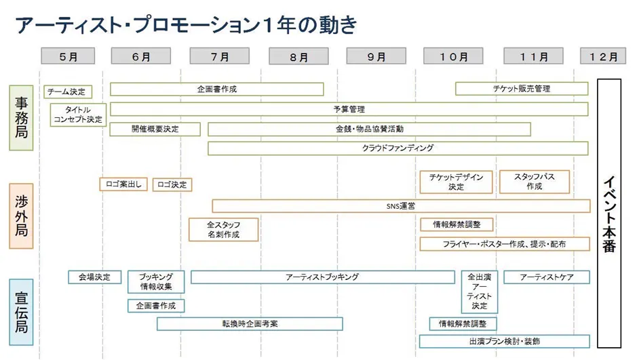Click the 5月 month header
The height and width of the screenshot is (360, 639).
click(68, 57)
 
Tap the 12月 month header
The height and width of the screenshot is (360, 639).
click(603, 57)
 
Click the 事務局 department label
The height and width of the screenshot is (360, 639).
click(21, 117)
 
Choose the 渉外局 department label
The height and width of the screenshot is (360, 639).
click(21, 216)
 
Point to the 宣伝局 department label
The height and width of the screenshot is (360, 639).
click(21, 313)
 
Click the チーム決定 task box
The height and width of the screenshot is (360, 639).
click(68, 92)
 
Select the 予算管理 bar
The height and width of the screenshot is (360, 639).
click(349, 109)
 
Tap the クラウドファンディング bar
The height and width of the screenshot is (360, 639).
click(398, 148)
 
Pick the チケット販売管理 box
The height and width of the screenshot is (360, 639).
click(521, 89)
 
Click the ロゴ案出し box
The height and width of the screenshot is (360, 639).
click(123, 184)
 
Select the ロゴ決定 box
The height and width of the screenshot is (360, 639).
click(172, 184)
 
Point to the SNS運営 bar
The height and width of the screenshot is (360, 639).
click(401, 205)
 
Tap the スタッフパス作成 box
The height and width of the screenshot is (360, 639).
click(534, 182)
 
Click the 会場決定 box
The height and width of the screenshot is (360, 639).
click(95, 277)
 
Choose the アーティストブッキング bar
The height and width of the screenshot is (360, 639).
click(322, 277)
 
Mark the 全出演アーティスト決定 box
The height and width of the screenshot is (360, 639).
click(480, 292)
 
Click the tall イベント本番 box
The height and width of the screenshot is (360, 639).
click(608, 214)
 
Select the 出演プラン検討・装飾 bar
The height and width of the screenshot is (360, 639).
click(504, 341)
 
